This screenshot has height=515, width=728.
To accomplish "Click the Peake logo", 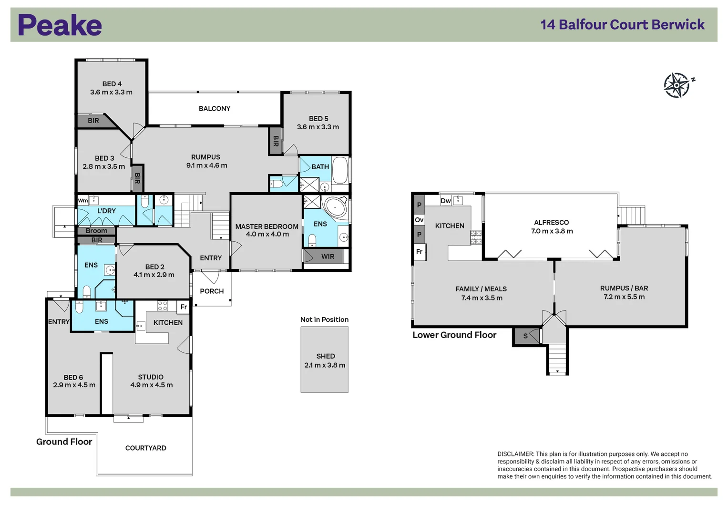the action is (x=60, y=25).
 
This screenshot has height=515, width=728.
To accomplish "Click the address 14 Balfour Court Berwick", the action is (x=622, y=25).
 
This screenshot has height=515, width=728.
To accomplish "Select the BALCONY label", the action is (x=215, y=109).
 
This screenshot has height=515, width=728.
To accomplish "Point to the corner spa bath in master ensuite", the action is (x=336, y=206).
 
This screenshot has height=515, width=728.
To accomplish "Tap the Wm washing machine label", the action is (x=82, y=201).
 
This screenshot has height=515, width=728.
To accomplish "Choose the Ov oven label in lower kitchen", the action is (x=419, y=220).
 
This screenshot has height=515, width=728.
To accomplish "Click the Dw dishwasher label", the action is (x=446, y=201).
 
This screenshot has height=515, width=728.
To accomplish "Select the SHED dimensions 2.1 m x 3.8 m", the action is (x=325, y=365).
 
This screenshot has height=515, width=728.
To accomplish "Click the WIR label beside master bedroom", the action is (x=328, y=257).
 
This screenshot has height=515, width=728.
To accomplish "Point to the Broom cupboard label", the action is (x=96, y=231).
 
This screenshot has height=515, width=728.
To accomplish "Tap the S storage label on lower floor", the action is (x=525, y=336).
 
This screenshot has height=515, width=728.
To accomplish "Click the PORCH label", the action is (x=212, y=291).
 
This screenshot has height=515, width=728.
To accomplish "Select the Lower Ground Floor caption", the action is (x=454, y=335).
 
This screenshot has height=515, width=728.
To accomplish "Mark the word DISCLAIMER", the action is (x=515, y=454).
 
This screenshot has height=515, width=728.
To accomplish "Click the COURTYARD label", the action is (x=145, y=448).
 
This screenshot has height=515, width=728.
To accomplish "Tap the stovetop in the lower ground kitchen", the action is (x=476, y=237).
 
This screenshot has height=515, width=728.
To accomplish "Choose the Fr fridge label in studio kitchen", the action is (x=184, y=307).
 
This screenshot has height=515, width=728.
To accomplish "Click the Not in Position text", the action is (x=324, y=319).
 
